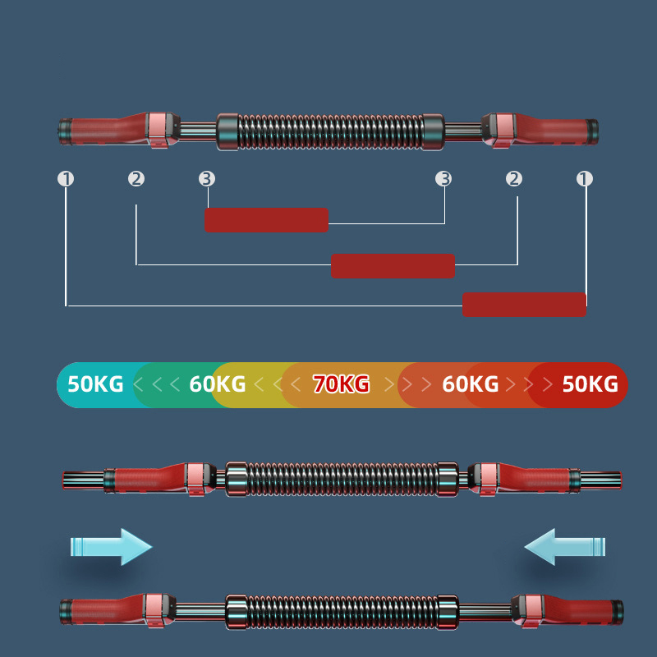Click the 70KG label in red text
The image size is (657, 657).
[341, 384]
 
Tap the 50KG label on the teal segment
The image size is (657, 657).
[95, 384]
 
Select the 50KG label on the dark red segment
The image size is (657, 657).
[590, 384]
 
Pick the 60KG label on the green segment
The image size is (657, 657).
[217, 384]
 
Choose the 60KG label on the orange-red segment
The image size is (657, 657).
[470, 384]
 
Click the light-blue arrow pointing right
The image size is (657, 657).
[111, 546]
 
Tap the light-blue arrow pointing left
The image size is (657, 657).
[565, 546]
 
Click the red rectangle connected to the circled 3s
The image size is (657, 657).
[266, 220]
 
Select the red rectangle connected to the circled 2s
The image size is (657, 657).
[393, 265]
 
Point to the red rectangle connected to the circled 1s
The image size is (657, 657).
[524, 305]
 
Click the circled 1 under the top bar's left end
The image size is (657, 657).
[66, 179]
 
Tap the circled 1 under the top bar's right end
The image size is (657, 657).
[585, 179]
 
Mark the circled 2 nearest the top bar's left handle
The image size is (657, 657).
[136, 179]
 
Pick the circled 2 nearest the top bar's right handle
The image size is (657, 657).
[514, 179]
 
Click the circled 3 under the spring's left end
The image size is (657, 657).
[207, 179]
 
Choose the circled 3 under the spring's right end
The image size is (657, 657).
[443, 179]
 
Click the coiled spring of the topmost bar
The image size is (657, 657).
[330, 131]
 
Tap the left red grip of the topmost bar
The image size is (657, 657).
[109, 130]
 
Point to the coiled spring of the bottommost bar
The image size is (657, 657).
[342, 612]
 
